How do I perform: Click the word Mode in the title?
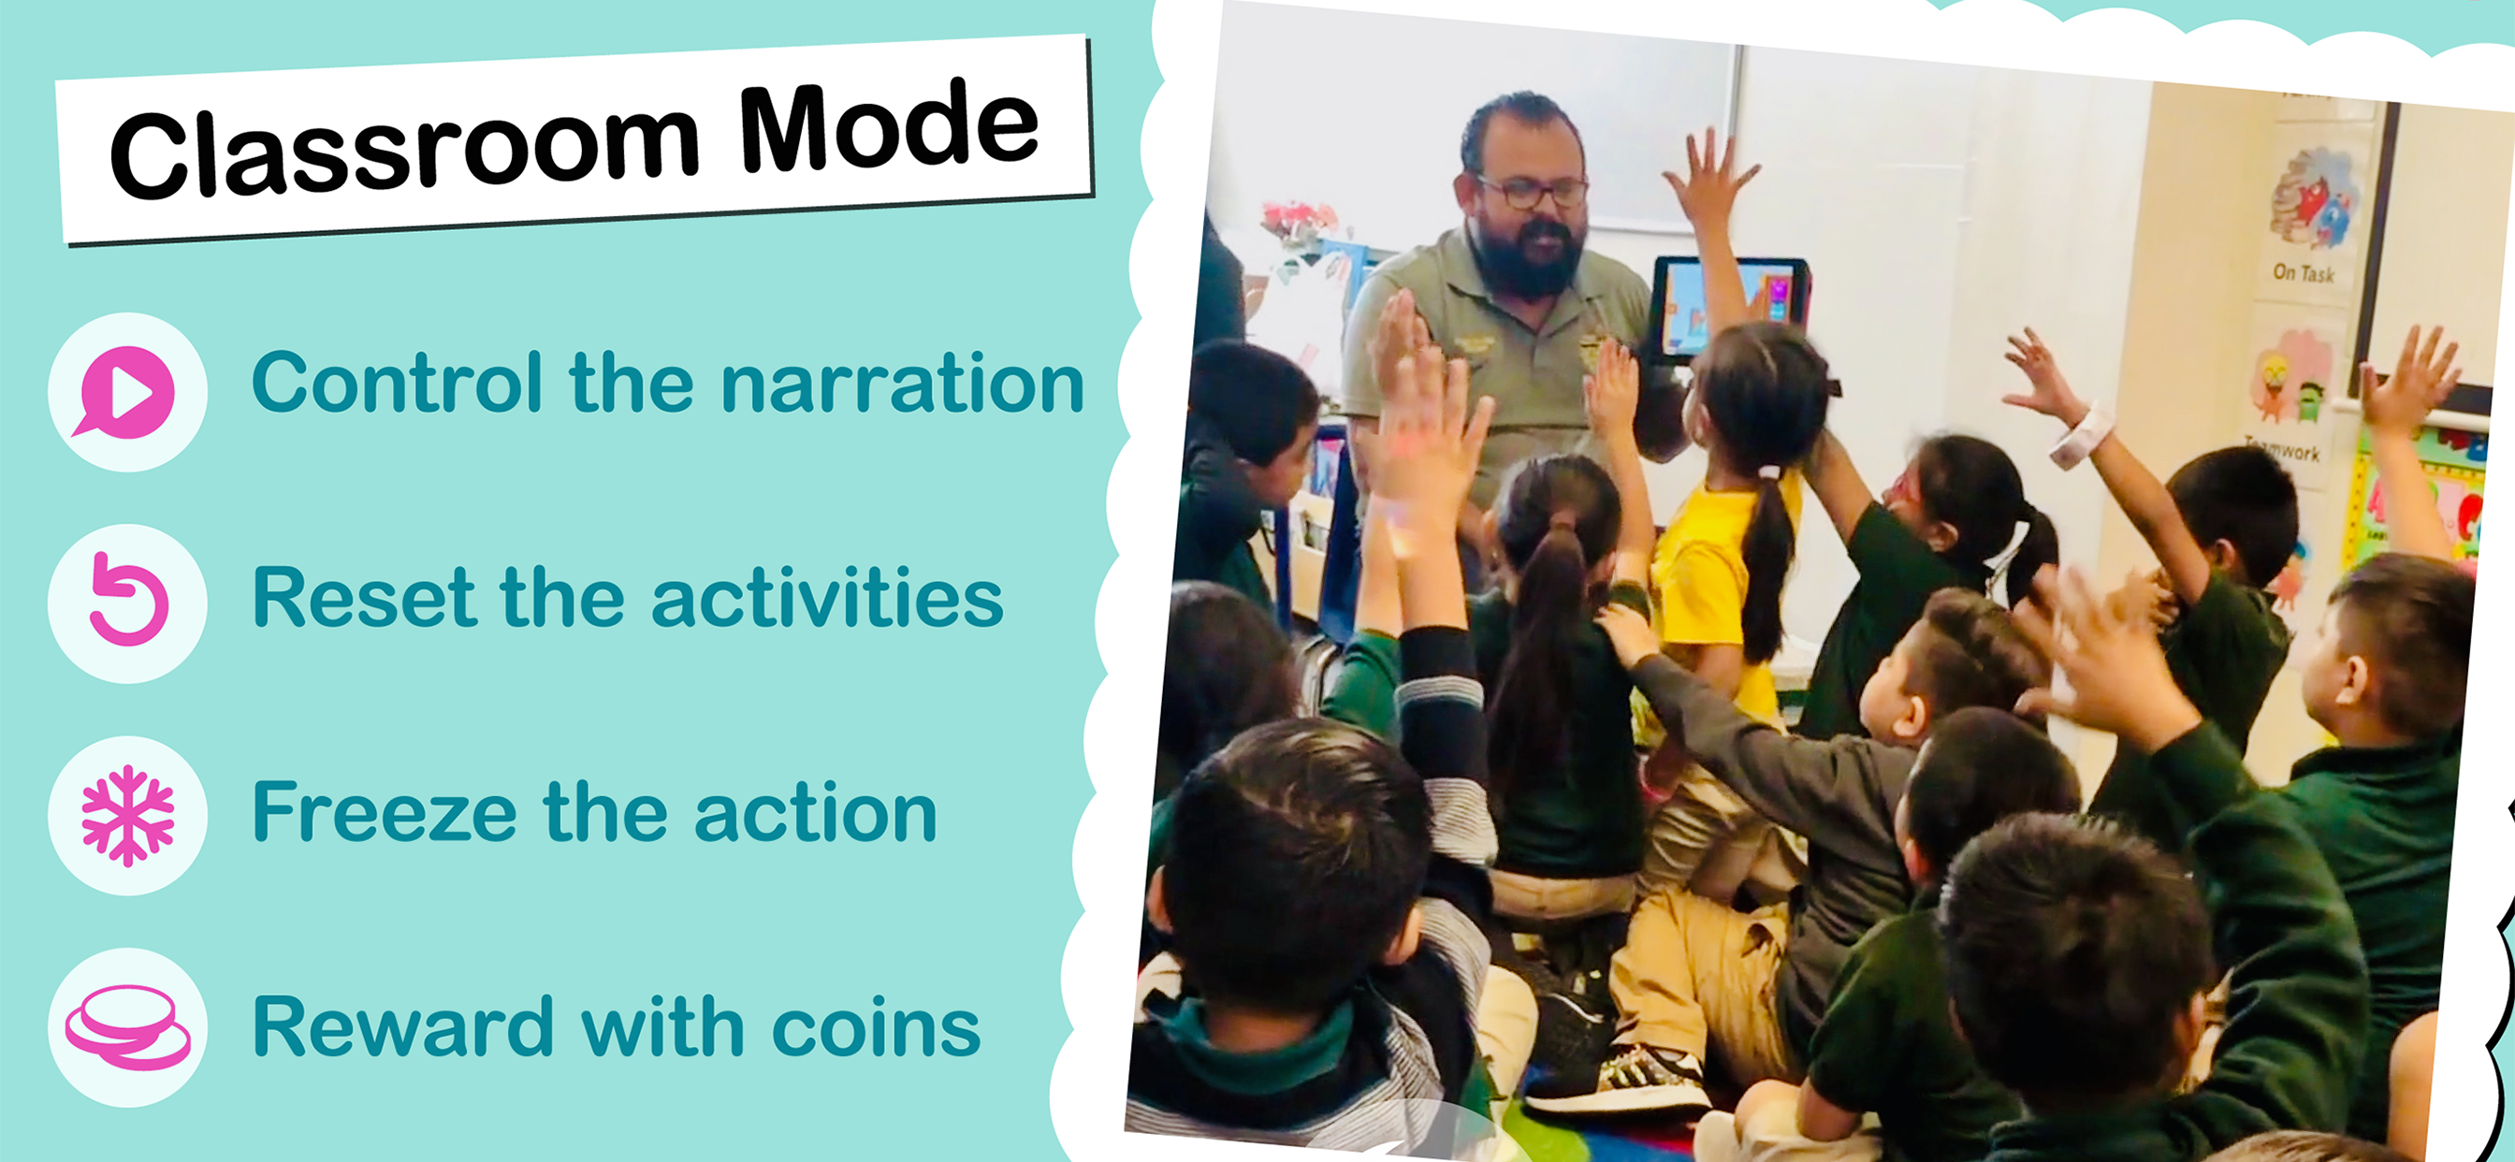point(889,126)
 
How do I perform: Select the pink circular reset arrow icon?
point(128,600)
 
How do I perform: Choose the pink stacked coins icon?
point(128,1027)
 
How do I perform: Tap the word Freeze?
point(384,811)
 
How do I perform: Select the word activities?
point(827,597)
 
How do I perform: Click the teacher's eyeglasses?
point(1533,192)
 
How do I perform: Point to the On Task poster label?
point(2304,273)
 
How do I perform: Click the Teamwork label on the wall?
point(2285,450)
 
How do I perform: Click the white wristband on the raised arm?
point(2080,435)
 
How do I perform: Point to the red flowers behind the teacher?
point(1299,221)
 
